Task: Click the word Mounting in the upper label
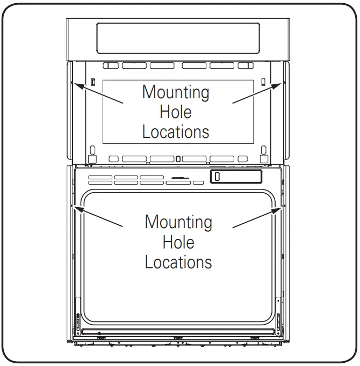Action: [x=176, y=92]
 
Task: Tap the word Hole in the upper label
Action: [x=176, y=112]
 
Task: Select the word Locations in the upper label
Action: [x=176, y=131]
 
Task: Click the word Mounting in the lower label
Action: [x=178, y=222]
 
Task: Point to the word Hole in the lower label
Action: [x=178, y=242]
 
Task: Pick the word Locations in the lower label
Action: [x=178, y=262]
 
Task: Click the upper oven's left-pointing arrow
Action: [x=99, y=93]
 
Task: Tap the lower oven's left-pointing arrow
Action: [x=102, y=217]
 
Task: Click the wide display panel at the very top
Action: [x=178, y=38]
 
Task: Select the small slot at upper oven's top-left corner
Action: [x=93, y=82]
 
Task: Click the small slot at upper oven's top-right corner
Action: [x=263, y=82]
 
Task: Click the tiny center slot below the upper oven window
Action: [x=178, y=159]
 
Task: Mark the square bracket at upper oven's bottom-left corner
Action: [x=92, y=149]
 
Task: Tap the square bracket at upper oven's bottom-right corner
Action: [x=264, y=149]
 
